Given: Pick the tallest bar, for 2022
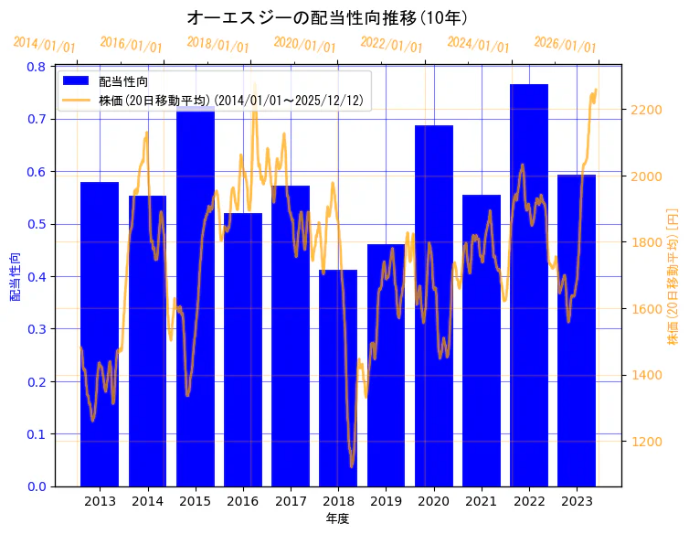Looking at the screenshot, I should (x=529, y=284).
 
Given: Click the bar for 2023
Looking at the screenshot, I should (x=577, y=330).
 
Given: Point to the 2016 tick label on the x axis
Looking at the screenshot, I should (x=243, y=501).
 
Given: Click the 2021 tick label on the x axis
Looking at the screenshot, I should (x=482, y=501).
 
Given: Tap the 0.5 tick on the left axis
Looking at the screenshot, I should (x=37, y=224).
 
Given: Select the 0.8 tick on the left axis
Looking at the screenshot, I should (x=37, y=67).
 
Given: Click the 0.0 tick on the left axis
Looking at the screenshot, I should (x=37, y=486).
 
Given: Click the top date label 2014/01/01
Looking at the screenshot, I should (x=45, y=45).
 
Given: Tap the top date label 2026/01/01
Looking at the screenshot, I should (x=566, y=44).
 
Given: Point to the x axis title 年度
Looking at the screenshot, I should (x=338, y=518).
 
